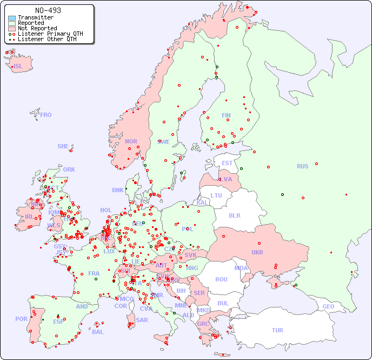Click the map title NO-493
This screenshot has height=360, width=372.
coord(48,10)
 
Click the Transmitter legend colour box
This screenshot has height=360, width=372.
coord(12,17)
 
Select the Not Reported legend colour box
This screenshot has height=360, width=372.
coord(12,28)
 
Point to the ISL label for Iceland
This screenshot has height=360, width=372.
coord(18,67)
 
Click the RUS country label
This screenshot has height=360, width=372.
coord(302,166)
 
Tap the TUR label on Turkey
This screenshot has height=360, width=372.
coord(277,330)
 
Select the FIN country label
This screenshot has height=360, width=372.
coord(226,115)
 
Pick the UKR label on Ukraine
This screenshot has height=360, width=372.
coord(257,252)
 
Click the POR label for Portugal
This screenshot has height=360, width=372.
coord(21,319)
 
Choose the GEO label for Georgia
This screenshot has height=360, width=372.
coord(328,306)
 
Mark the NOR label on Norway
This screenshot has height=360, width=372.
coord(131,141)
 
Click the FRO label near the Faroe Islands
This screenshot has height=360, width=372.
coord(45,115)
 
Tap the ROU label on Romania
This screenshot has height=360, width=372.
coord(221,279)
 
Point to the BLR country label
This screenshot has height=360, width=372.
coord(235,215)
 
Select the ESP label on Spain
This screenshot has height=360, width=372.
coord(58,322)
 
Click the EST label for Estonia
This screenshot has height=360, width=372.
coord(227,163)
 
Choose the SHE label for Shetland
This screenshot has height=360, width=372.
coord(63,146)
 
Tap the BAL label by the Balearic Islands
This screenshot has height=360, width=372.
coord(97,332)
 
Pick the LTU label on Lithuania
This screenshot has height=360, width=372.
coord(216,195)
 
